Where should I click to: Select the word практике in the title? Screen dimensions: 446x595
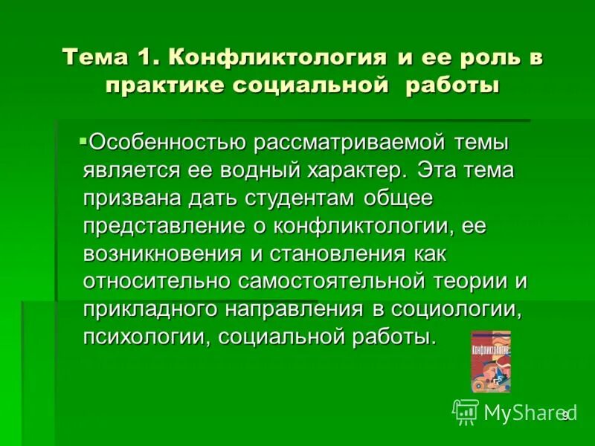(x=165, y=85)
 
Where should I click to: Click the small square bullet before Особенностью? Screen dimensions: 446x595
(x=83, y=138)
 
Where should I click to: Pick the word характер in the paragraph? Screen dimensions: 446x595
(x=353, y=169)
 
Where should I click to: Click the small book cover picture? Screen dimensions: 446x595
(x=490, y=361)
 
